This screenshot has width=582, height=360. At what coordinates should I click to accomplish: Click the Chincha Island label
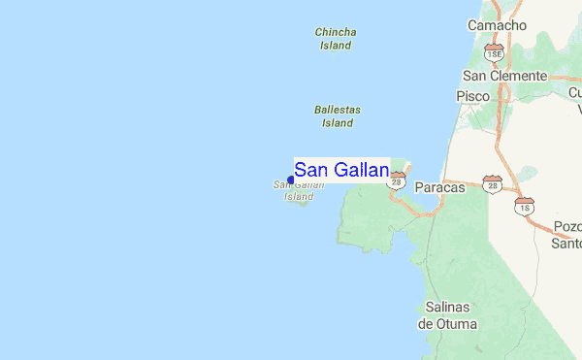(x=336, y=38)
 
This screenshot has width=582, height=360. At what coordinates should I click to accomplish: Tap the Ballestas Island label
(x=338, y=116)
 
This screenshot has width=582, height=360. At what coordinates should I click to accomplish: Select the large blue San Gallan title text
(x=341, y=171)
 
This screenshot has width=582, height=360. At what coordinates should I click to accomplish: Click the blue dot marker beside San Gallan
(x=291, y=180)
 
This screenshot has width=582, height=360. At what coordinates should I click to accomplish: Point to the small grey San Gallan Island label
(x=299, y=190)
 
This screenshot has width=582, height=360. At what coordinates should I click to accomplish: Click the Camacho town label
(x=497, y=24)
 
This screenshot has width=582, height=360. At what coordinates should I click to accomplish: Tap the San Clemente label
(x=504, y=76)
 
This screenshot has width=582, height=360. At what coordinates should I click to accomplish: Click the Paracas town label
(x=439, y=186)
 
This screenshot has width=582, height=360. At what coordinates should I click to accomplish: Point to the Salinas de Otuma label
(x=447, y=315)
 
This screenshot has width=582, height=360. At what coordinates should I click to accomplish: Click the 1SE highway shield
(x=495, y=50)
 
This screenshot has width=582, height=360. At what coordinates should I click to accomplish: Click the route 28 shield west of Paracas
(x=397, y=180)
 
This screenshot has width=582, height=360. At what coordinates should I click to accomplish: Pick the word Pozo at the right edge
(x=567, y=226)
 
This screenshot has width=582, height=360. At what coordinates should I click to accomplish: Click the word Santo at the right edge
(x=566, y=243)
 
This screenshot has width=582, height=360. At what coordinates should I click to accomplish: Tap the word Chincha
(x=336, y=32)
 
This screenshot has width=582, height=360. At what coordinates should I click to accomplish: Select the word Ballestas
(x=338, y=111)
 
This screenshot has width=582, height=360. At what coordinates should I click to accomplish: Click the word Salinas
(x=447, y=308)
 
